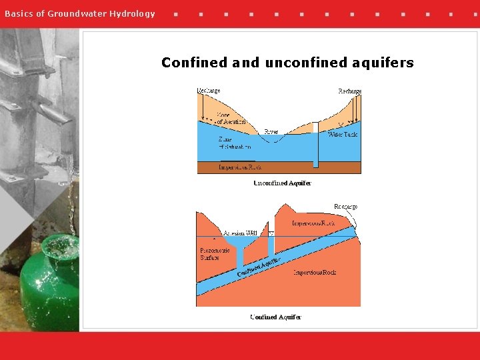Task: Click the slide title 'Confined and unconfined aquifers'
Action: [287, 63]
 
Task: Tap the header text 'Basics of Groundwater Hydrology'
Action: [80, 13]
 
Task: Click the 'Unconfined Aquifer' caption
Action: [282, 183]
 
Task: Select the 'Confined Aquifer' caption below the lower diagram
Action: [275, 317]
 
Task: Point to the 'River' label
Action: [271, 132]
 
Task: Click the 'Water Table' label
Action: [343, 135]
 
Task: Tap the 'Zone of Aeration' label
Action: [231, 118]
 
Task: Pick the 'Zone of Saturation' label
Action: [235, 143]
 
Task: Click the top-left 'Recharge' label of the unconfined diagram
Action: [209, 91]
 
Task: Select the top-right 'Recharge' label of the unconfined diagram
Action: [349, 91]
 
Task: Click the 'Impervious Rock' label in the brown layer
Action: [240, 167]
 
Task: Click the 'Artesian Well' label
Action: [240, 233]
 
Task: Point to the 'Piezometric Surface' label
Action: [215, 254]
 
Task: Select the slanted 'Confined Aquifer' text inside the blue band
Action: [259, 268]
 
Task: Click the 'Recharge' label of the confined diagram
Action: [345, 207]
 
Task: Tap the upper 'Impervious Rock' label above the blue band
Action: [313, 223]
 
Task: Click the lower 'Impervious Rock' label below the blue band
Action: [315, 272]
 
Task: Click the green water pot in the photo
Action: [50, 287]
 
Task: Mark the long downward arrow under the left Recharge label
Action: [199, 107]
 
